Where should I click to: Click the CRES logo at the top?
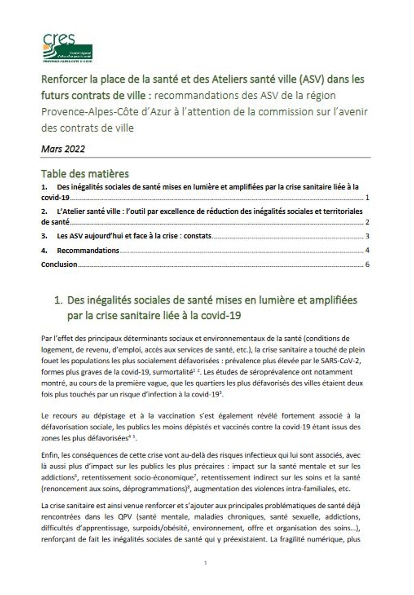68,48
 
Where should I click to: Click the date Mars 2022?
63,149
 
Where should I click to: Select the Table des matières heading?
85,173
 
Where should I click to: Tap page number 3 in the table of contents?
367,236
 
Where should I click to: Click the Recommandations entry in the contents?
88,250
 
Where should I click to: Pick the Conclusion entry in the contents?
59,264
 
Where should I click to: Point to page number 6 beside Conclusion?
367,264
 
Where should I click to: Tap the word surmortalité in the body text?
171,372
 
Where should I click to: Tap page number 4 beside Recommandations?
367,250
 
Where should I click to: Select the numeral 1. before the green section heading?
58,300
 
